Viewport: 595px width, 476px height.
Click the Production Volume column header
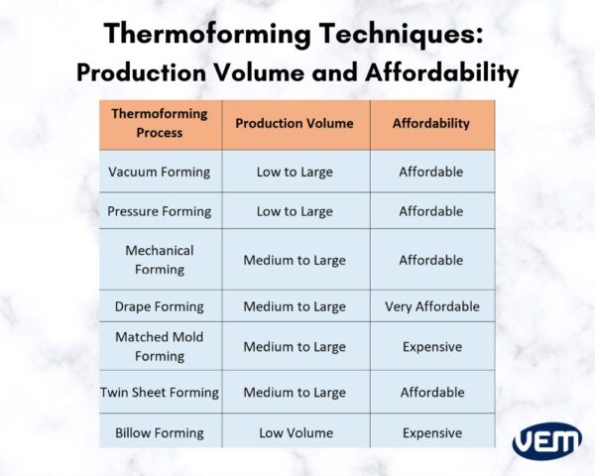(294, 124)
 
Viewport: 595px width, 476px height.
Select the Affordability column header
(430, 124)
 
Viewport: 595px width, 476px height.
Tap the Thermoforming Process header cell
(160, 123)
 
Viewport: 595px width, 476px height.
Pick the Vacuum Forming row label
(160, 172)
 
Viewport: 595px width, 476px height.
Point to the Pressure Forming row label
(160, 211)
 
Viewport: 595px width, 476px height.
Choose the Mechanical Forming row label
(160, 260)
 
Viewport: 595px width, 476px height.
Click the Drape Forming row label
(160, 306)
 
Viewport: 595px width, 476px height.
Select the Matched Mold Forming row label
(160, 346)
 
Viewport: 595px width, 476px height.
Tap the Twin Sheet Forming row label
(160, 393)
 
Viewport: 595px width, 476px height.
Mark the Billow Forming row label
(160, 432)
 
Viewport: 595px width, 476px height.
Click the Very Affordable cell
(431, 306)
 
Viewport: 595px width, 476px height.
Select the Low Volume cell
(295, 432)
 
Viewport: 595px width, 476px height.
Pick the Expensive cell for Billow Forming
(431, 432)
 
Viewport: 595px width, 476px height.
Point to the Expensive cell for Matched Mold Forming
(431, 347)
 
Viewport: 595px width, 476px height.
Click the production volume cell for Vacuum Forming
(295, 172)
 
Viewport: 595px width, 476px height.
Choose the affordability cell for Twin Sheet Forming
(431, 393)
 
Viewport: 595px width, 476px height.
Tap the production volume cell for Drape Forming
(295, 306)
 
